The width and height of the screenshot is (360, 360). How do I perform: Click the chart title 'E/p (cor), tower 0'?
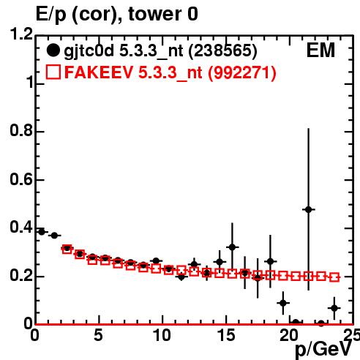pos(117,15)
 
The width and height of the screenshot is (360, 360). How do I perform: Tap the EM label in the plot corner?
pos(320,50)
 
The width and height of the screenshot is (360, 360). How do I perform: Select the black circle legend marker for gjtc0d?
pos(53,50)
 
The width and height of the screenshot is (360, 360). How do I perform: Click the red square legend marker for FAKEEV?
pos(53,72)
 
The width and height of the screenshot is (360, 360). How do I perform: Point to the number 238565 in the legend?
pos(223,50)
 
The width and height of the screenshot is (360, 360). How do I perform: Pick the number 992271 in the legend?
pos(242,72)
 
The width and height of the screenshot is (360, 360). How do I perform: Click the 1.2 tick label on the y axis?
pos(21,34)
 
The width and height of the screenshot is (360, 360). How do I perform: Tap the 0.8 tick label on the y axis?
pos(21,130)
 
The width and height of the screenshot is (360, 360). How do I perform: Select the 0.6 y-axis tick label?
pos(21,179)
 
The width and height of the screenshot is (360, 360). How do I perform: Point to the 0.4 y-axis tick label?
pos(21,227)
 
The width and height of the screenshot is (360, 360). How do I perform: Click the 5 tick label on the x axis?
pos(98,335)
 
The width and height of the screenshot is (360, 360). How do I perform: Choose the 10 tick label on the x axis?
pos(162,335)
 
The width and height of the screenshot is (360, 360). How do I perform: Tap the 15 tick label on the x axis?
pos(226,335)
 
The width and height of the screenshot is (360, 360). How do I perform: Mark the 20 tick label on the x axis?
pos(289,335)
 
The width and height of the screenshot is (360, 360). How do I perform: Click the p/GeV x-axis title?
pos(323,350)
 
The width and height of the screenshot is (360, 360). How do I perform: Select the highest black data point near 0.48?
pos(308,209)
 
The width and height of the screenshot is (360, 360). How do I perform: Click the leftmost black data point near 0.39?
pos(42,232)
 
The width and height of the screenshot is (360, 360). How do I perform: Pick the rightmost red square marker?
pos(334,277)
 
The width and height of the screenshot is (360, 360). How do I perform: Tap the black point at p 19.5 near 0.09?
pos(283,303)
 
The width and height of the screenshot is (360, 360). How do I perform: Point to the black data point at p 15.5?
pos(232,247)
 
